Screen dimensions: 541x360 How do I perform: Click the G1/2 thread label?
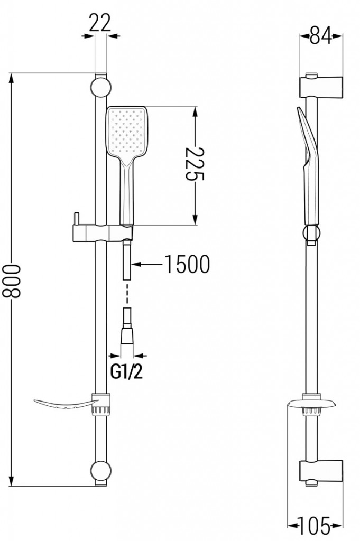pos(126,372)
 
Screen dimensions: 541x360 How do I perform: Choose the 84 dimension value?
pos(320,36)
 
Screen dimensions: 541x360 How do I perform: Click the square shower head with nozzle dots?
pos(127,130)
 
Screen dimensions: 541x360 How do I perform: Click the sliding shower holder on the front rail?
pos(100,232)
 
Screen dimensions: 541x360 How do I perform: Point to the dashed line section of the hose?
pos(127,293)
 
